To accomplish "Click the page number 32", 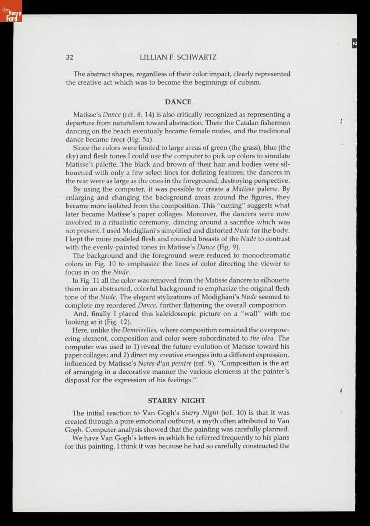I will (69, 57).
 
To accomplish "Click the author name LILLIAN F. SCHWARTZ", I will (178, 57).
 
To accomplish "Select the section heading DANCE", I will (178, 102).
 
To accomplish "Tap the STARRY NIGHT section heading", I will (176, 401).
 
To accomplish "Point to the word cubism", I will (249, 82).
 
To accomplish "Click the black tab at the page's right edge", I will (354, 43).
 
